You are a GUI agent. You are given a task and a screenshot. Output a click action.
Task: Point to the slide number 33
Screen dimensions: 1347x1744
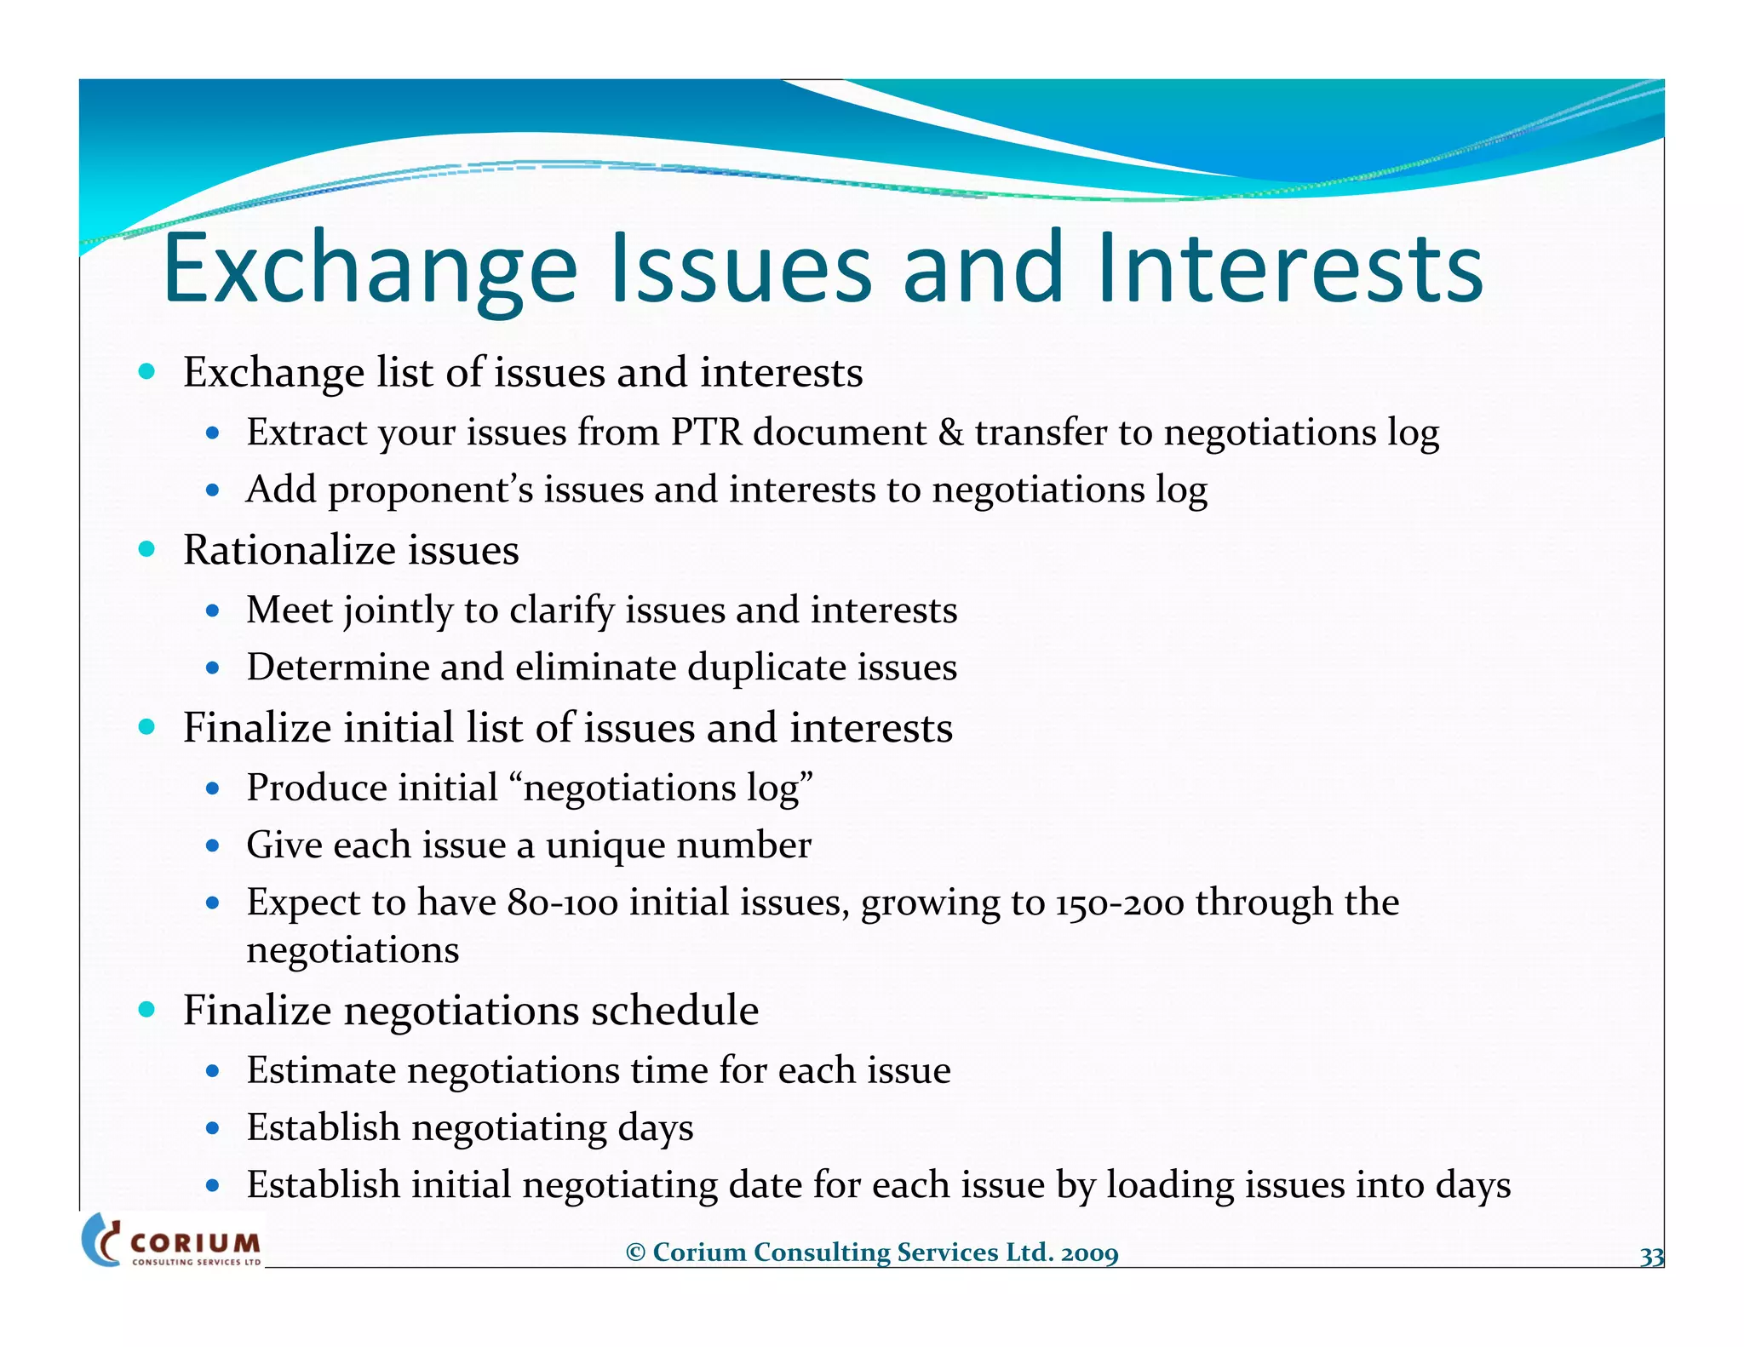pos(1651,1257)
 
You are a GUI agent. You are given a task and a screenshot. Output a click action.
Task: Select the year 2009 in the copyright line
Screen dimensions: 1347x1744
pos(1089,1252)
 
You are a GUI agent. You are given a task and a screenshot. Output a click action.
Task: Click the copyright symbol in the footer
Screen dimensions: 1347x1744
pos(635,1252)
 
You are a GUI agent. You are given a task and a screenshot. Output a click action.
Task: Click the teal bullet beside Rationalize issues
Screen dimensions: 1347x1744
pos(147,549)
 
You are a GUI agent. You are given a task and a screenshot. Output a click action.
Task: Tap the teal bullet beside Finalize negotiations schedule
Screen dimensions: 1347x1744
pos(147,1010)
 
